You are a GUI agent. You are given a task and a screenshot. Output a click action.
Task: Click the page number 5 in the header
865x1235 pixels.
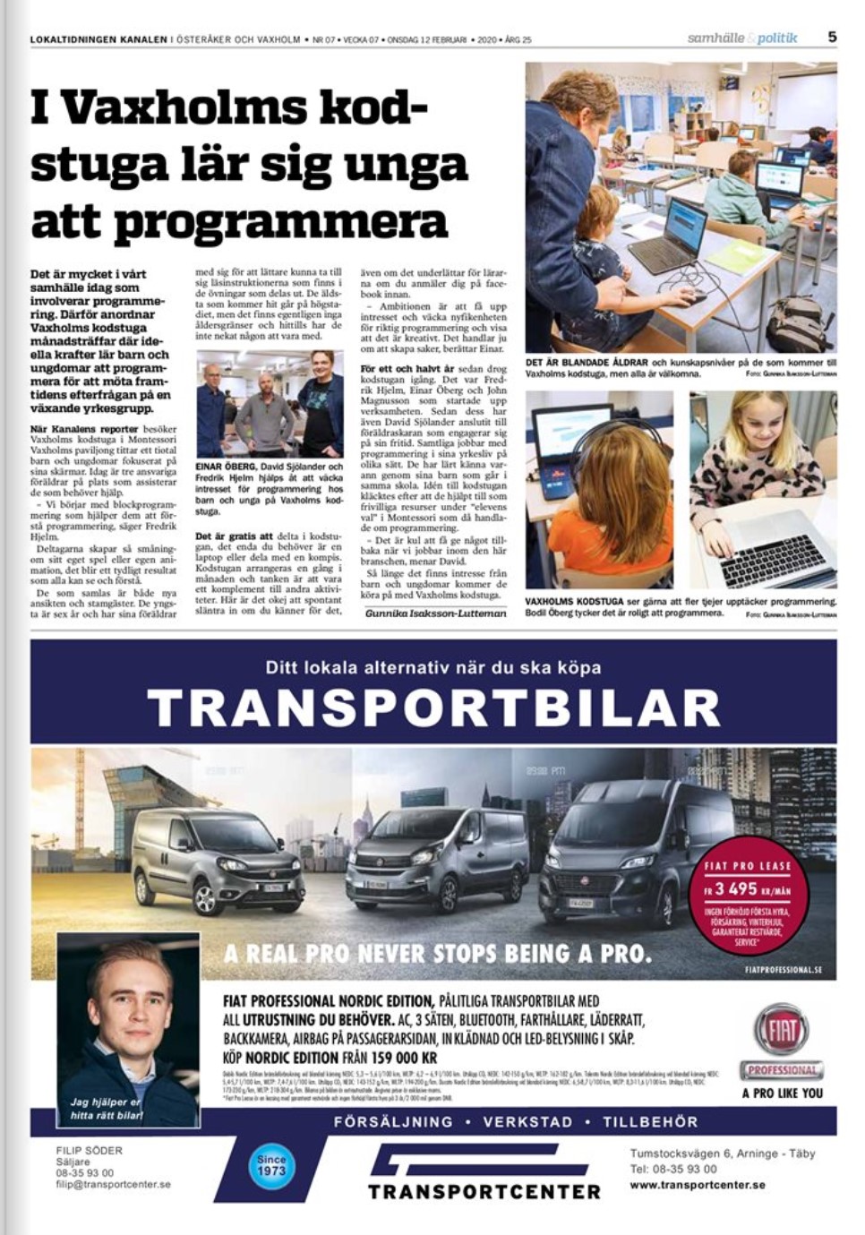click(x=832, y=38)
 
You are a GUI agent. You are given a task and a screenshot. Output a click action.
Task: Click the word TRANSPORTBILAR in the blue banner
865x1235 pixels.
click(x=433, y=708)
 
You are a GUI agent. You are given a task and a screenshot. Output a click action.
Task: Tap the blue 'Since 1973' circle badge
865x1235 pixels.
click(x=270, y=1164)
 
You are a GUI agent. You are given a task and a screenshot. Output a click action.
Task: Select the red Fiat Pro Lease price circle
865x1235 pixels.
click(x=748, y=902)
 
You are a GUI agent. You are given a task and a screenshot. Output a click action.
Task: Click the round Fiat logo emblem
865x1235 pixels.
click(x=780, y=1029)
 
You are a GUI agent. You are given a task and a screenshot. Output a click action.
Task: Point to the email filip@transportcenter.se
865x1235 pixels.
click(x=113, y=1184)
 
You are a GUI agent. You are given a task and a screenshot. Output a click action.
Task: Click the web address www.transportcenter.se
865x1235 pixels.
click(x=697, y=1185)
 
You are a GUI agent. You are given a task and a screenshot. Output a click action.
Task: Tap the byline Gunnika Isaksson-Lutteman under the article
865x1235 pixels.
click(x=436, y=613)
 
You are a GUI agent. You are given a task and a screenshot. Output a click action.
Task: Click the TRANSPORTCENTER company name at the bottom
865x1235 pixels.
click(x=484, y=1191)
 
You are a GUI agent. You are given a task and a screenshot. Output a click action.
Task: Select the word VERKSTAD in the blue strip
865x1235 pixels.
click(x=527, y=1122)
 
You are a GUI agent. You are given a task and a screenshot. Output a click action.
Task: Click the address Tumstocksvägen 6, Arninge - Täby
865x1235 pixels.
click(x=722, y=1154)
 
